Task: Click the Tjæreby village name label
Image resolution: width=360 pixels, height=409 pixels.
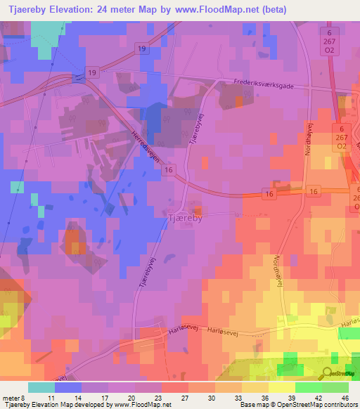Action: pos(184,218)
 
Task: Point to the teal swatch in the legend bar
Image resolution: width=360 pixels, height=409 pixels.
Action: pos(41,387)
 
